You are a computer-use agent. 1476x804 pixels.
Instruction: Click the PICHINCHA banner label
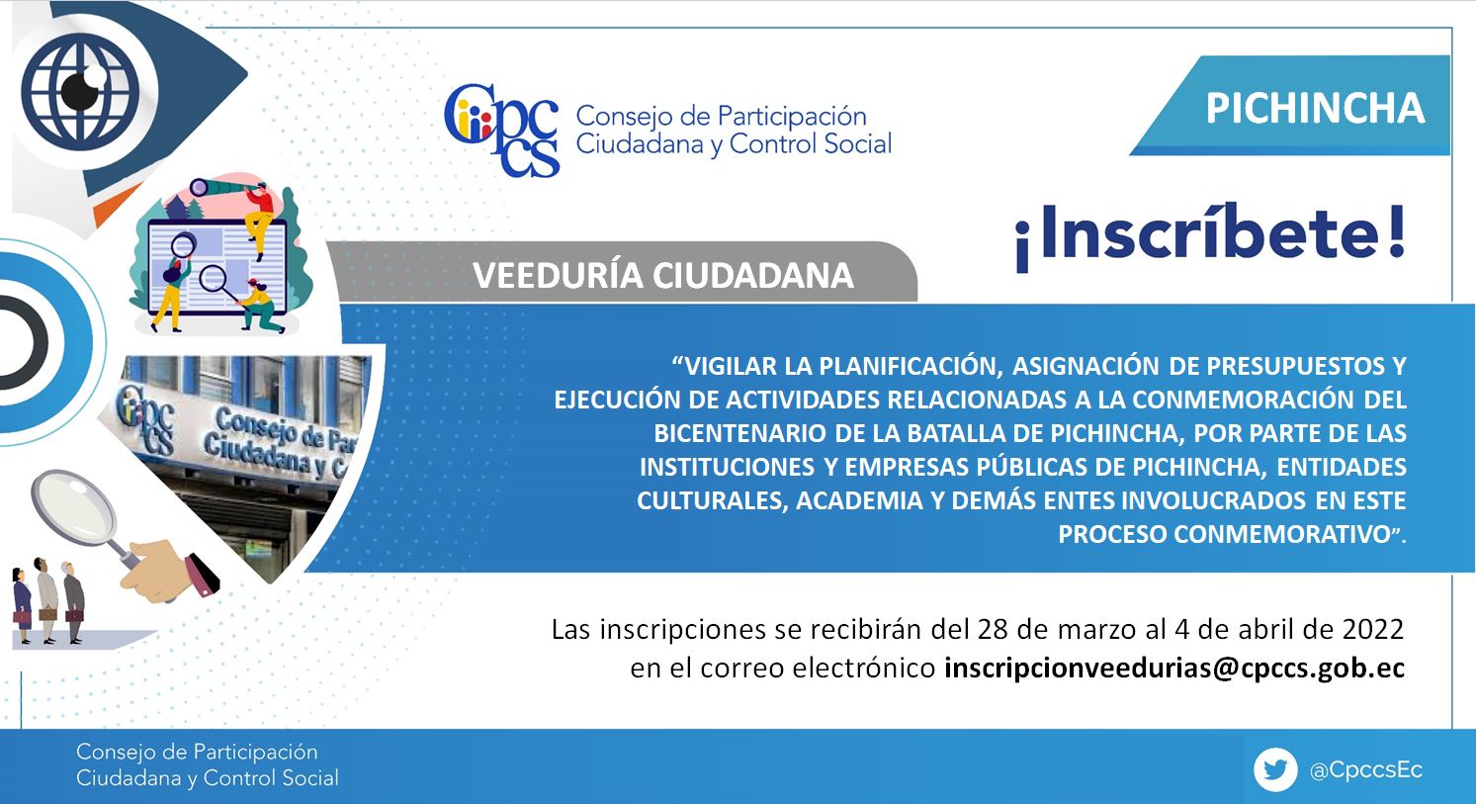click(1315, 108)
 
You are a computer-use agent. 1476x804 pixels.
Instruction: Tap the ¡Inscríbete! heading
click(1211, 236)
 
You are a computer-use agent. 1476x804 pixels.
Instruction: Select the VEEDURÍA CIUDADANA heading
click(663, 276)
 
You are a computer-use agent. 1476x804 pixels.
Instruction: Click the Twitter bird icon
click(1275, 769)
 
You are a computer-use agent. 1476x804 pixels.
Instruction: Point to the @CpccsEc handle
click(1366, 769)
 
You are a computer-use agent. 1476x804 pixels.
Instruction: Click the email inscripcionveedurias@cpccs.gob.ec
click(1174, 669)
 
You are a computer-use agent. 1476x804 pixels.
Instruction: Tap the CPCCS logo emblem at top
click(502, 131)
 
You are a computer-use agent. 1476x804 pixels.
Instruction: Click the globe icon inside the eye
click(80, 91)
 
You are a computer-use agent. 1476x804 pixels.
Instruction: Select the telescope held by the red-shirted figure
click(217, 187)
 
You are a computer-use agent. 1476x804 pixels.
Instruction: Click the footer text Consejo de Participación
click(197, 752)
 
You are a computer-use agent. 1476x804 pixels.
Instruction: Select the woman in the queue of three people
click(22, 606)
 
